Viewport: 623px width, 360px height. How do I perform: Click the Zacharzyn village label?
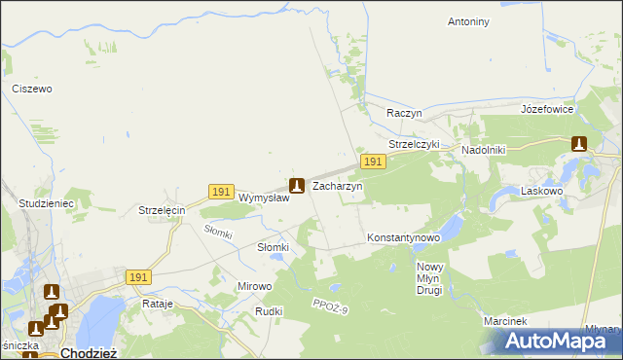click(x=337, y=185)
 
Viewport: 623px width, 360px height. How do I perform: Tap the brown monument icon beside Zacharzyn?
click(x=297, y=184)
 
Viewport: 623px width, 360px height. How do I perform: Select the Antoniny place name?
click(x=469, y=21)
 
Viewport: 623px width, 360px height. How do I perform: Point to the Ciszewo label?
click(x=31, y=89)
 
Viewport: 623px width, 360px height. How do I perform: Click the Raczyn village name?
click(x=403, y=113)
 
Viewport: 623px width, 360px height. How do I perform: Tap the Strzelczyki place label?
click(x=415, y=144)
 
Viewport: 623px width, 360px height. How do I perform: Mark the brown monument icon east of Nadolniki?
click(x=579, y=143)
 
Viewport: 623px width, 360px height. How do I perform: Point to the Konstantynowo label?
click(x=404, y=237)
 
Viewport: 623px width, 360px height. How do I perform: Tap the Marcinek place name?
click(x=504, y=321)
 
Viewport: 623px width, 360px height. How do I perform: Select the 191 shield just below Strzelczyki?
click(x=372, y=161)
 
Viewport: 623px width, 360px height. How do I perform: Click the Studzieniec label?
click(x=47, y=204)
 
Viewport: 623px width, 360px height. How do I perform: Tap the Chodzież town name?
click(x=89, y=353)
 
